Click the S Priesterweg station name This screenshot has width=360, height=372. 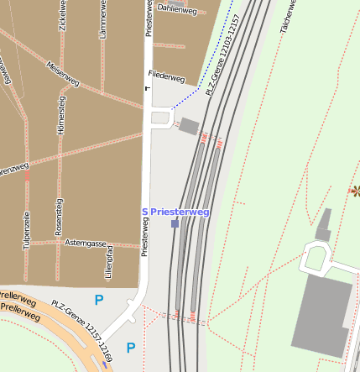175,212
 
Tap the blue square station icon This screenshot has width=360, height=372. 175,224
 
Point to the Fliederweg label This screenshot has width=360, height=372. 165,76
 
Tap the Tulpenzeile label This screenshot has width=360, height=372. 27,232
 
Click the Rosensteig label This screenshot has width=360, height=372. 59,217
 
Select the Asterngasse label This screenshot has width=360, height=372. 86,244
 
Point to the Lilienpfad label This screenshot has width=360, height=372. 108,263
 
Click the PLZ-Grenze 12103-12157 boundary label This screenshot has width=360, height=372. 222,55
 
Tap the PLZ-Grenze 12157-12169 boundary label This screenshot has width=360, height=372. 81,328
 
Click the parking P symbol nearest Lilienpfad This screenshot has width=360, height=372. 99,300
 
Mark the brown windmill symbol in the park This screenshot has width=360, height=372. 354,191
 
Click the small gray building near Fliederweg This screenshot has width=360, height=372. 190,126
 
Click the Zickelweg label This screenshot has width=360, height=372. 63,17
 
